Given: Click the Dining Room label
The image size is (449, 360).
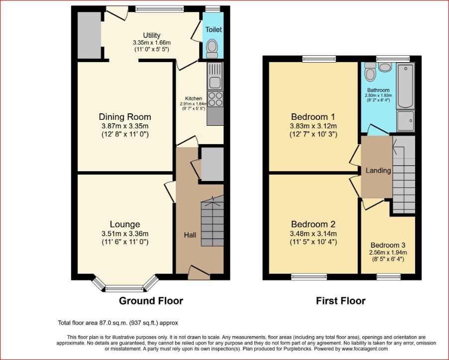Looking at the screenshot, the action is point(125,117).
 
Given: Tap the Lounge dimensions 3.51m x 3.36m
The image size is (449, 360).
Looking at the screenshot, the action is point(125,234).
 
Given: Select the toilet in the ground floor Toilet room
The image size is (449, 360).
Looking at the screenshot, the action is point(212,49).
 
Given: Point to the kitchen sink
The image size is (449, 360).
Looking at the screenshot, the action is point(215,77).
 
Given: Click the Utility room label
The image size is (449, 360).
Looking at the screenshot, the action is point(151,35).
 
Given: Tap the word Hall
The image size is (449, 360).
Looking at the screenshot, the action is point(190,235).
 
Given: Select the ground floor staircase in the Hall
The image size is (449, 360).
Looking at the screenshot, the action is point(212,221).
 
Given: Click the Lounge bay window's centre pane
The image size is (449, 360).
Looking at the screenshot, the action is point(124,288).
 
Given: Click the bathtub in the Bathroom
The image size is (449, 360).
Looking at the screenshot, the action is point(406,86).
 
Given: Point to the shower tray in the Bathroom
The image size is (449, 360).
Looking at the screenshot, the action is point(406,121).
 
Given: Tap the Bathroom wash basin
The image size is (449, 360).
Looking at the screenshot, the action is point(385,67).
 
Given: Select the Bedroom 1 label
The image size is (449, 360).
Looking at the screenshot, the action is point(313,117).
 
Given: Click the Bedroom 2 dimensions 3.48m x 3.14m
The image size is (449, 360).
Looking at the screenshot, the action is point(313,234).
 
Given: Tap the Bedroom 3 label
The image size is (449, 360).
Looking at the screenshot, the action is point(388,245).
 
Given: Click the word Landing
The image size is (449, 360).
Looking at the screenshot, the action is point(378,171).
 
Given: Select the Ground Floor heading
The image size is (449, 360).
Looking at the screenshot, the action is point(151,301).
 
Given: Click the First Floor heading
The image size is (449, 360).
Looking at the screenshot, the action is point(341,301).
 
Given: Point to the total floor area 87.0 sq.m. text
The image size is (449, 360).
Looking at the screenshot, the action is point(118,323).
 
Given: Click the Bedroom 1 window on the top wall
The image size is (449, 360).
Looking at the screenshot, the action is point(319,59).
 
